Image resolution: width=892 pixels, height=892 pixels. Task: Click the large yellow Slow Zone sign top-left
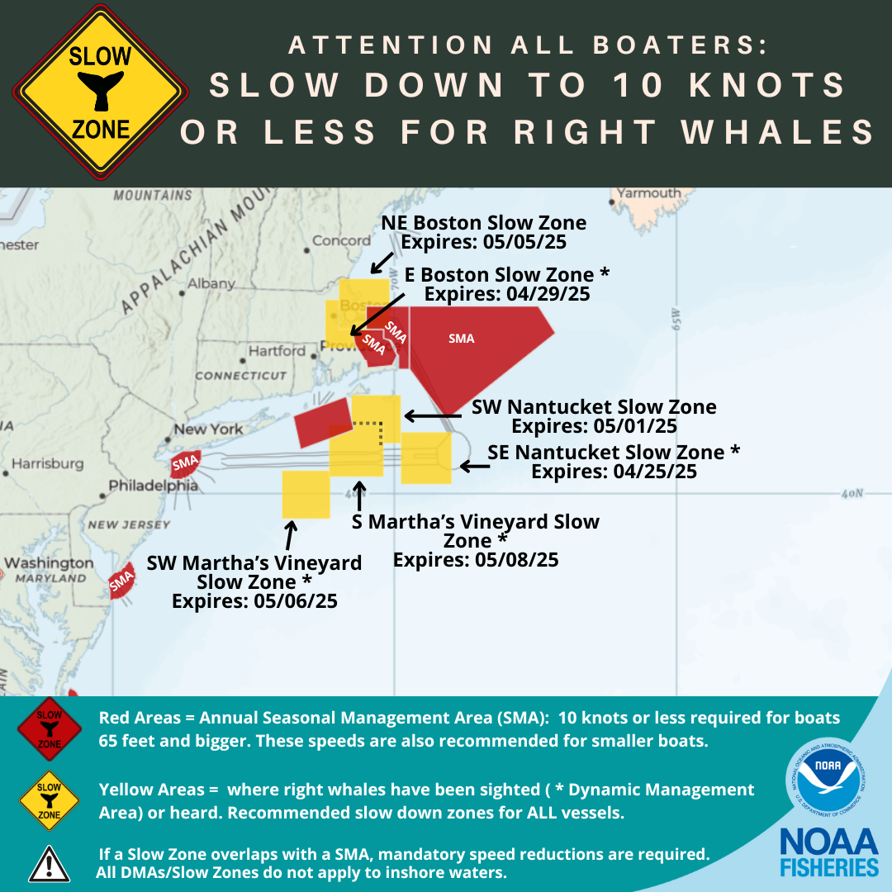coord(100,91)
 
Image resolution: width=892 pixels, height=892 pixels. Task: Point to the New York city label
coord(208,429)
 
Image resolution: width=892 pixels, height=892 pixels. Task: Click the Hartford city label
coord(277,351)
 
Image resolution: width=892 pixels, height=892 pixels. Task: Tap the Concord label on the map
coord(341,241)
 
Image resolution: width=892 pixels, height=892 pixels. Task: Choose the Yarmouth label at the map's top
coord(650,193)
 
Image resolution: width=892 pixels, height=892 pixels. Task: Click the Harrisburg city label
coord(47,463)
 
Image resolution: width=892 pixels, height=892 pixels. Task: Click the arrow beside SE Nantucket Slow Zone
coord(474,467)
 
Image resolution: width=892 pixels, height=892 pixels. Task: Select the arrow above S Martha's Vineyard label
coord(358,497)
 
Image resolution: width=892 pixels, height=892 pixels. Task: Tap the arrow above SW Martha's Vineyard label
coord(289,535)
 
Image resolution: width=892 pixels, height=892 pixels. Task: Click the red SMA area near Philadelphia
coord(184,464)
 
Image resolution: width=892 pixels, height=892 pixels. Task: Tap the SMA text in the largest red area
coord(461,339)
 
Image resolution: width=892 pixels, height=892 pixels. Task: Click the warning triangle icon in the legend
coord(49,863)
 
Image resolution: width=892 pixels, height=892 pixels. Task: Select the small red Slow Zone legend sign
coord(49,727)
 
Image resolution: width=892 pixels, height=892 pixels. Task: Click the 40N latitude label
coord(852,494)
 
